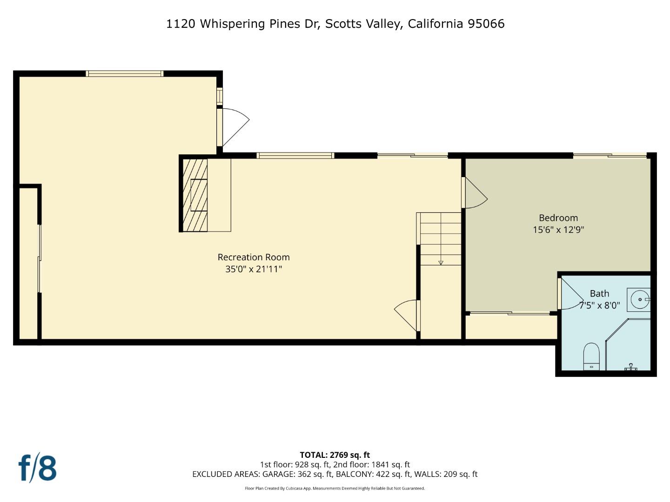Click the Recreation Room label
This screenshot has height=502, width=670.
coord(254,257)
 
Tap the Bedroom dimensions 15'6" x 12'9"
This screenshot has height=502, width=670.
coord(558,230)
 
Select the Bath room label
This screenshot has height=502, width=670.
coord(599,293)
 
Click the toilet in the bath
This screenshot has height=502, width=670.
coord(591,357)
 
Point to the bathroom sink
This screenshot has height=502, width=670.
coord(639,300)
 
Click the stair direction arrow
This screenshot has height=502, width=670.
coord(441,263)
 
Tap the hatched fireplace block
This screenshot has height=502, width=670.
coord(195,195)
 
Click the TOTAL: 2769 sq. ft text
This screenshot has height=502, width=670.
coord(335,455)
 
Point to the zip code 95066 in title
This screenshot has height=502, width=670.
coord(486,24)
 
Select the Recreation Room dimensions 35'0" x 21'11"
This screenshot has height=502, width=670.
coord(254,269)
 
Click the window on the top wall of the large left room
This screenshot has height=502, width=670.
coord(125,73)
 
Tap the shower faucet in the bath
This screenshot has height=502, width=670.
coord(631,367)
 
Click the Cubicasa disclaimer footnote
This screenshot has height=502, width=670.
coord(335,488)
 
